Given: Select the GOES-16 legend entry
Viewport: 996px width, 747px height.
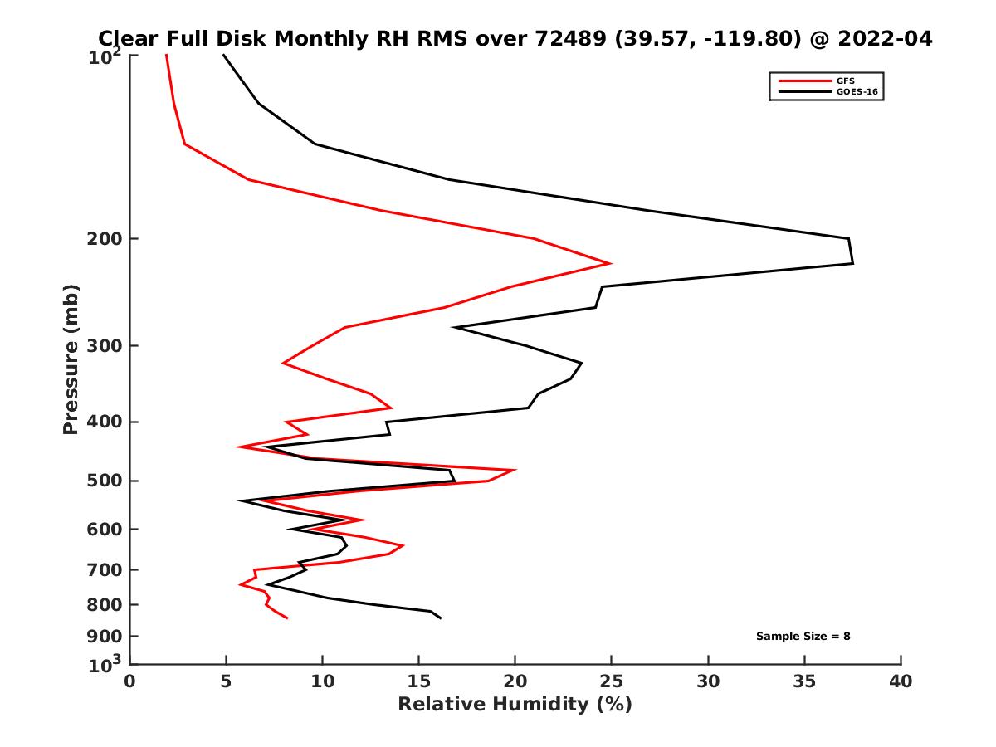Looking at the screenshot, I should coord(856,91).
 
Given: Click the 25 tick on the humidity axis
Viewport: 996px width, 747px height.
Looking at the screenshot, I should coord(612,681).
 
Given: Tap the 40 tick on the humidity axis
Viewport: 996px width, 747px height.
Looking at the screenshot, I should coord(901,681).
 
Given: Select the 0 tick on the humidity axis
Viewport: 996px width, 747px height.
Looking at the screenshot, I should coord(130,681).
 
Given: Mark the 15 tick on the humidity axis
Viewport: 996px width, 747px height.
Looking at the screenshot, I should coord(419,681).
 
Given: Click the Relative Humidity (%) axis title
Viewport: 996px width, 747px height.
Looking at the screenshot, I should coord(515,705).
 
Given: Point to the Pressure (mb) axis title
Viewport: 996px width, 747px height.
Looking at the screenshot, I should coord(71,359).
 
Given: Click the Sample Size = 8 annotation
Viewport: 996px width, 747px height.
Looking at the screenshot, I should coord(803,637).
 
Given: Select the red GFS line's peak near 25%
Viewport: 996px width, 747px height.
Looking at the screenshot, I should coord(611,263).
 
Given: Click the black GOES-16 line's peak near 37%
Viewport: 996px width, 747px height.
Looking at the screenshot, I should coord(852,263).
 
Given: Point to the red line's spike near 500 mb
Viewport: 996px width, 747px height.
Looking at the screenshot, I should coord(515,470).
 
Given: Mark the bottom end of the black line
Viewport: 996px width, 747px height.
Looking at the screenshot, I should coord(441,618).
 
